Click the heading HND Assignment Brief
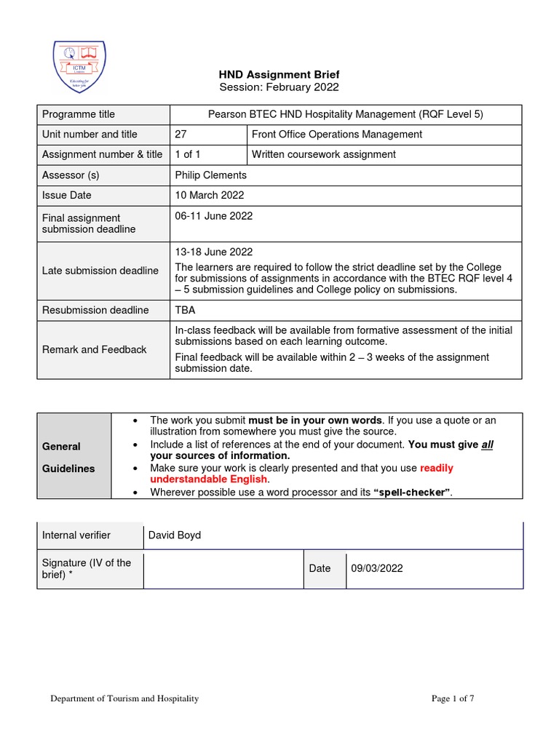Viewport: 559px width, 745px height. tap(279, 74)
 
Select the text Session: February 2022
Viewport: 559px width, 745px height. tap(279, 87)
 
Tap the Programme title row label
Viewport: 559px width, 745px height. tap(79, 114)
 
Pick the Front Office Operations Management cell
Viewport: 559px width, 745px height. tap(336, 135)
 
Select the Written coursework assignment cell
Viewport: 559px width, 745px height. tap(323, 154)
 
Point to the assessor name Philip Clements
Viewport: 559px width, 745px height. tap(211, 175)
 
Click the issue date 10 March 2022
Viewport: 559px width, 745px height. tap(210, 195)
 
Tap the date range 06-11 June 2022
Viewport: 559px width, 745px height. tap(214, 216)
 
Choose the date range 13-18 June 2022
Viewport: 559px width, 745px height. tap(214, 252)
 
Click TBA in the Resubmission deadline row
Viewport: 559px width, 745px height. tap(186, 310)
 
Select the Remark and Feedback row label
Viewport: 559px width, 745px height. tap(94, 349)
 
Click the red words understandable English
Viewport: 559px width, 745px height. tap(208, 479)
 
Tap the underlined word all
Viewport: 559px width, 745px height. tap(487, 445)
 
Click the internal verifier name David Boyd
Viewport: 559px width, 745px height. tap(175, 535)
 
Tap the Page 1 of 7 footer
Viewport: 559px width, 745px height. tap(453, 699)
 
